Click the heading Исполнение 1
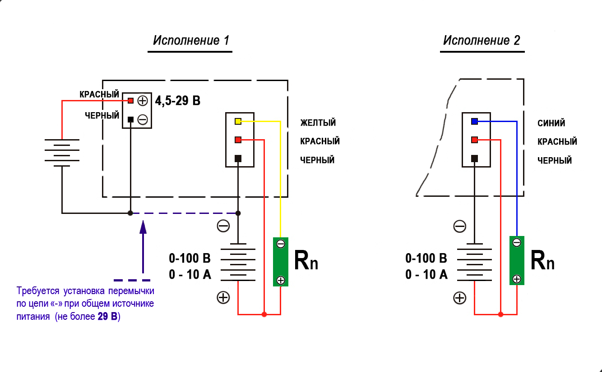(x=191, y=41)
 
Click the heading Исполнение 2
(x=482, y=41)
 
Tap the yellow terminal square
(x=238, y=121)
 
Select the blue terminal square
(x=474, y=121)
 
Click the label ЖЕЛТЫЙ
(x=318, y=123)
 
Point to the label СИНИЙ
(x=551, y=123)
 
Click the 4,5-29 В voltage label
(x=178, y=100)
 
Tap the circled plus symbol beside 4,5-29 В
(x=143, y=100)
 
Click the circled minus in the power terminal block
(x=143, y=119)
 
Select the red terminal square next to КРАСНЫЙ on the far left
(x=130, y=100)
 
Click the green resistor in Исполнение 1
(x=280, y=262)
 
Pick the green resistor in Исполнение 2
(x=517, y=260)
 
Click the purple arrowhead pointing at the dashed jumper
(x=143, y=226)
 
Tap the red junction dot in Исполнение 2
(x=500, y=314)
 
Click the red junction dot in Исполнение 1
(x=264, y=314)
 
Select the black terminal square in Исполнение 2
(x=474, y=159)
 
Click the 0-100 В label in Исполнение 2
(x=426, y=259)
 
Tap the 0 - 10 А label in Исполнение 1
(x=190, y=274)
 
